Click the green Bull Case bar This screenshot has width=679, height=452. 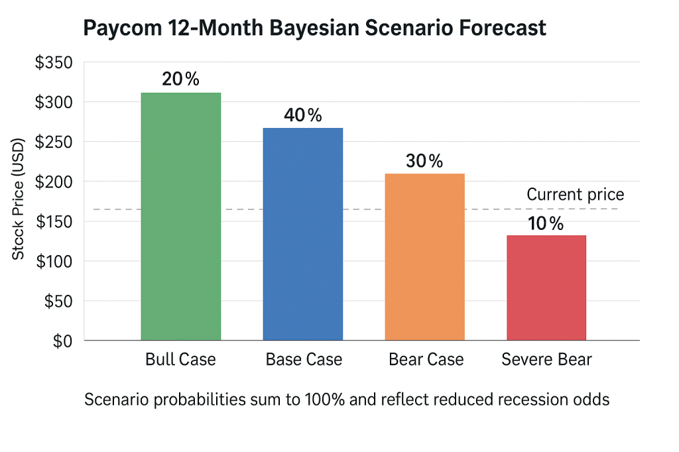[x=180, y=216]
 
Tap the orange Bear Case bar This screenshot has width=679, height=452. [x=425, y=256]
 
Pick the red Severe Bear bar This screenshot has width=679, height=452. [x=546, y=288]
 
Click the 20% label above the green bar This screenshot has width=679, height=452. [x=180, y=79]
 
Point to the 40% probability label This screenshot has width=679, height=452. [x=303, y=115]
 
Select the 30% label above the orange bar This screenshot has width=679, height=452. [x=424, y=161]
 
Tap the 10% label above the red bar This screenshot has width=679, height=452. [x=546, y=224]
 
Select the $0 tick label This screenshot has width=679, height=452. [x=62, y=341]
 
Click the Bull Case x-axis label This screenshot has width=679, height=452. [x=180, y=360]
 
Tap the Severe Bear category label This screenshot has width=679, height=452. [x=546, y=360]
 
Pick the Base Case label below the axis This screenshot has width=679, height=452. [x=304, y=360]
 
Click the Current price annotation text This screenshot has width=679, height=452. [x=575, y=195]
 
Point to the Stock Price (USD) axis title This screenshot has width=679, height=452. [x=19, y=198]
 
